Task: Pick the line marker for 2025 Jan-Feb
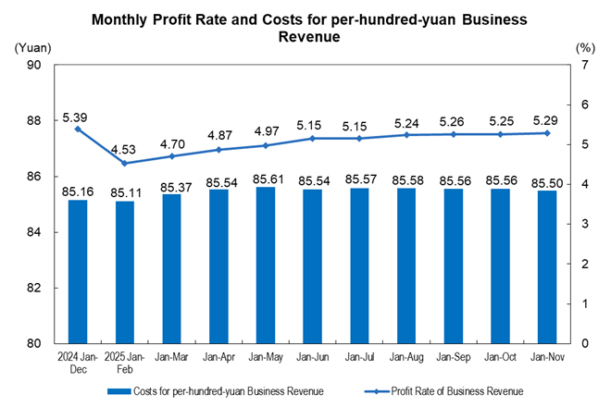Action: coord(125,164)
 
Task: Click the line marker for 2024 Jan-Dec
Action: coord(78,129)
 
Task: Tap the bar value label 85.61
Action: coord(265,178)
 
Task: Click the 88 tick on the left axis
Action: coord(33,120)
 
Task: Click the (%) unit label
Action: coord(583,46)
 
